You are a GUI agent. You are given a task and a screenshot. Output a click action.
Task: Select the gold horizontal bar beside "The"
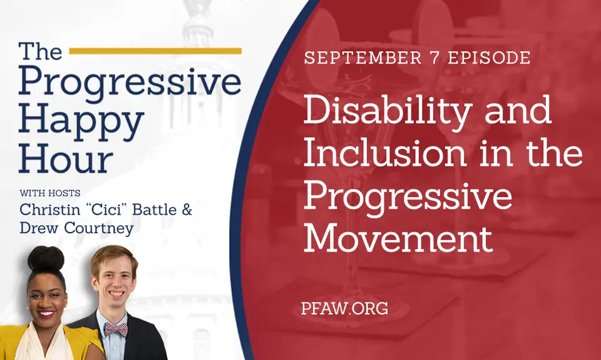(155, 51)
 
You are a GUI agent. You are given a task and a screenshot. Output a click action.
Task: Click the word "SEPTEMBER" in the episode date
(362, 58)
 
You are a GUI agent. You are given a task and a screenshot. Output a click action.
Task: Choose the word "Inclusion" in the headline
(385, 153)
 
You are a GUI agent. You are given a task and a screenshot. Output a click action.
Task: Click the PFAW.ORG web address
(344, 308)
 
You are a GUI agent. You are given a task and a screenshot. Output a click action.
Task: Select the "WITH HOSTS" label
(50, 193)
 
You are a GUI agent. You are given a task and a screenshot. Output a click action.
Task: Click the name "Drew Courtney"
(76, 228)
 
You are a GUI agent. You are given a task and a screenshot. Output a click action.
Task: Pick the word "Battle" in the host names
(156, 210)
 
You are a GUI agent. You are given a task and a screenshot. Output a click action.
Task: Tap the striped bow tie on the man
(116, 329)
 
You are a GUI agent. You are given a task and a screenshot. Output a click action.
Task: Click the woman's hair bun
(46, 259)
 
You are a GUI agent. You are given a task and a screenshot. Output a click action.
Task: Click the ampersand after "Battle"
(187, 210)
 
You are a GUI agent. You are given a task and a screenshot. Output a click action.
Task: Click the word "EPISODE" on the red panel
(490, 58)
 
